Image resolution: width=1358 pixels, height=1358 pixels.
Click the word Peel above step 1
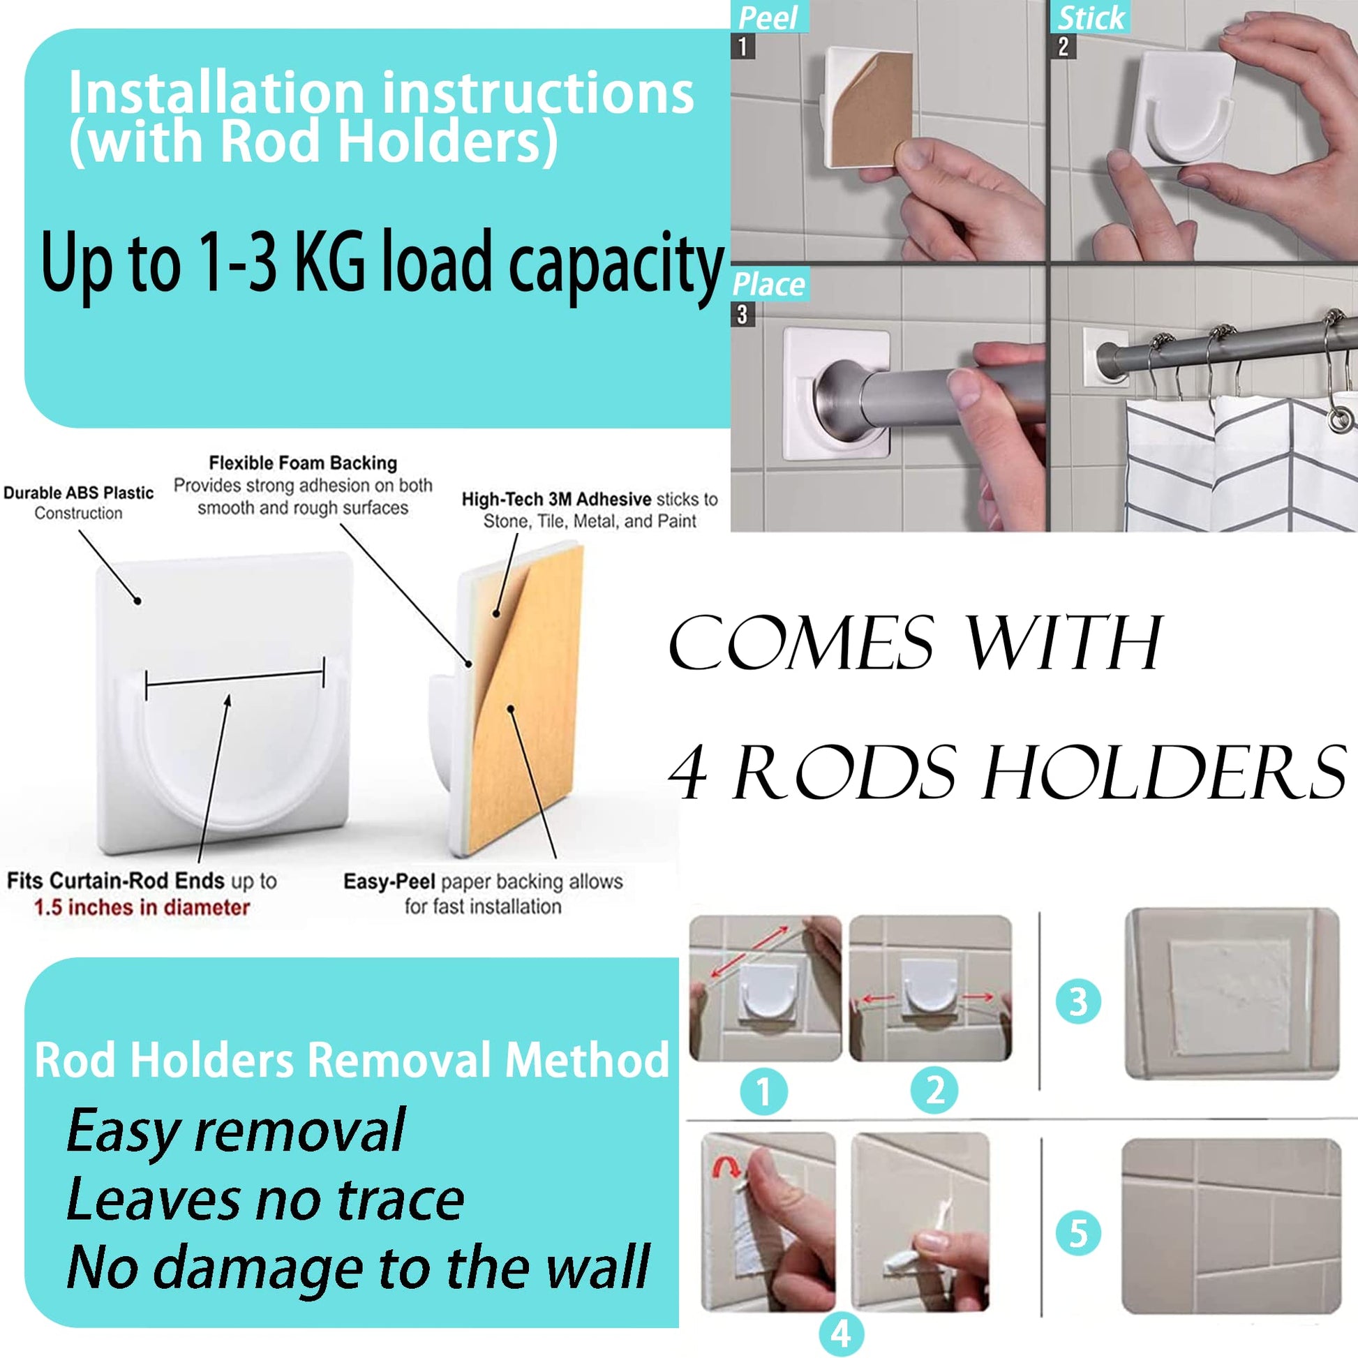click(768, 18)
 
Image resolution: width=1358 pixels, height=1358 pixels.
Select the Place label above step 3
click(768, 285)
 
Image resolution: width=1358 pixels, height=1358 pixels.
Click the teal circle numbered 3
click(1078, 1001)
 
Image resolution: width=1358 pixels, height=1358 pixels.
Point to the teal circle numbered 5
click(1078, 1233)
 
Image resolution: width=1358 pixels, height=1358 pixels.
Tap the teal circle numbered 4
click(841, 1333)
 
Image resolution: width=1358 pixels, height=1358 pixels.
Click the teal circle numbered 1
click(763, 1091)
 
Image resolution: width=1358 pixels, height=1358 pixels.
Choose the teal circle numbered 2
click(934, 1090)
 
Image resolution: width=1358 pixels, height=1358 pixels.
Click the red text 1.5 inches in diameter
click(141, 907)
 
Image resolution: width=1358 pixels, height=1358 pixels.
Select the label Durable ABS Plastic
click(79, 493)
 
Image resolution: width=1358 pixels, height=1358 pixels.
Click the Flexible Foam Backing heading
click(303, 463)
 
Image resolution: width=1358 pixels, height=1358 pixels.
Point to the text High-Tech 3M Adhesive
click(556, 499)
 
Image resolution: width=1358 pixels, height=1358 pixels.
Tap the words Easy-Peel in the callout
click(389, 882)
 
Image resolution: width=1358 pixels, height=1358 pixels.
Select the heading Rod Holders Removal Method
click(352, 1059)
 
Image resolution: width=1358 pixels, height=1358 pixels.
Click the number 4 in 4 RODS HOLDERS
click(687, 773)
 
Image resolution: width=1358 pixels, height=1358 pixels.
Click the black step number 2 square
click(1063, 47)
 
